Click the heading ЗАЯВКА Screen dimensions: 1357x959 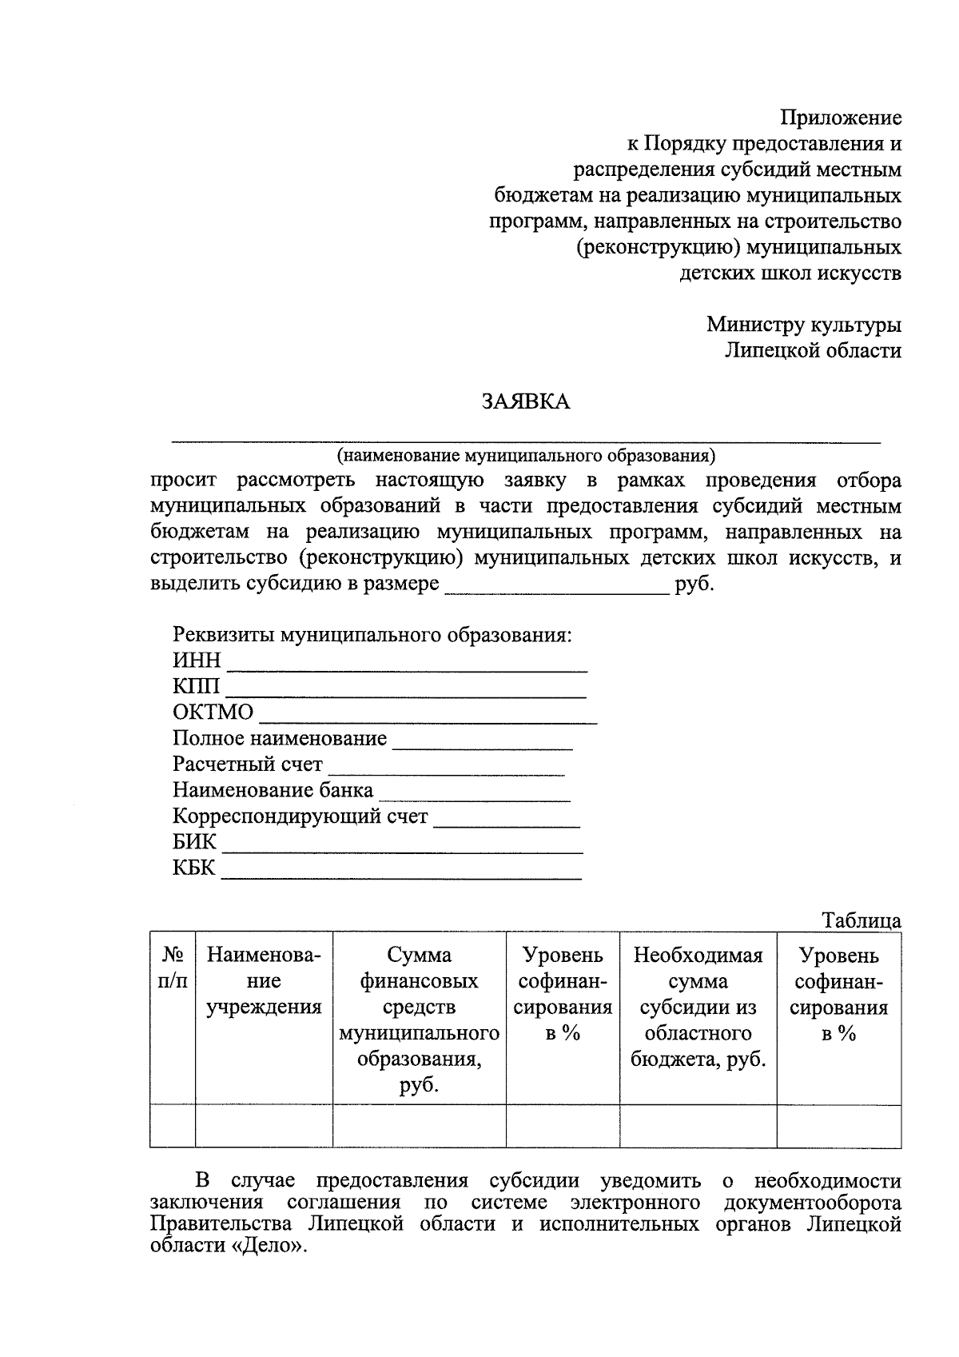click(x=525, y=401)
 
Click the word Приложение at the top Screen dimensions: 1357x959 click(x=841, y=118)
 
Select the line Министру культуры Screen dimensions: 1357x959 click(x=803, y=325)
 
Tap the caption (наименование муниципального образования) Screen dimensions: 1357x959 click(x=525, y=456)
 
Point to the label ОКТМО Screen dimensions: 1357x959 click(x=213, y=712)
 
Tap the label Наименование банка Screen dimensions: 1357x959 click(x=273, y=790)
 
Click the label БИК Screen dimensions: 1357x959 click(x=194, y=842)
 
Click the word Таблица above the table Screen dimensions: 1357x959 click(x=862, y=920)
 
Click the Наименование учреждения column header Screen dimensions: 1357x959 click(x=264, y=980)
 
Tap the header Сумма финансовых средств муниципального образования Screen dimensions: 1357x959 click(x=419, y=1020)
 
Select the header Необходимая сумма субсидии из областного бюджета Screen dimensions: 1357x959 click(x=698, y=1007)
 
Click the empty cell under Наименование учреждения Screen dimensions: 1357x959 click(x=264, y=1126)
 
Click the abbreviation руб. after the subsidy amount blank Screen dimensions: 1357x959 click(x=694, y=584)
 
